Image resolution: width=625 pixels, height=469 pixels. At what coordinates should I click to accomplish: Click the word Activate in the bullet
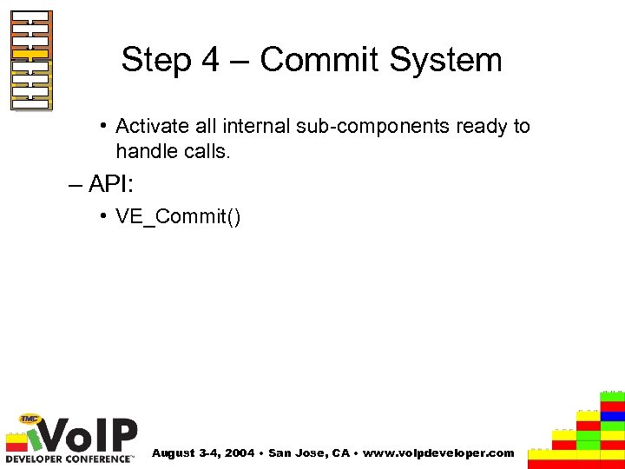(152, 126)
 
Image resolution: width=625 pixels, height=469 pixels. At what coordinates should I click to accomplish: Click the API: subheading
(109, 185)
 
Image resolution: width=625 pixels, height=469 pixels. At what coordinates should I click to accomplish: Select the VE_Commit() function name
(178, 216)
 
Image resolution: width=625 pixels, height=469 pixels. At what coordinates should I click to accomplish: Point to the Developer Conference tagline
(69, 457)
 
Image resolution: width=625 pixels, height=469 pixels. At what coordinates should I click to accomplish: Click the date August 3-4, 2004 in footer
(203, 453)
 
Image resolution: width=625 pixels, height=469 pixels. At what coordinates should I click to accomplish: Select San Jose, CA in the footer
(307, 453)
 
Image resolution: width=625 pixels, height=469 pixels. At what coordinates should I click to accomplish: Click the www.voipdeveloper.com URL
(437, 453)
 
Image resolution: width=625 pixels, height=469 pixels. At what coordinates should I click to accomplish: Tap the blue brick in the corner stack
(613, 416)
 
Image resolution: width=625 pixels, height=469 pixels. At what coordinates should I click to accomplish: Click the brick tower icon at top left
(31, 60)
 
